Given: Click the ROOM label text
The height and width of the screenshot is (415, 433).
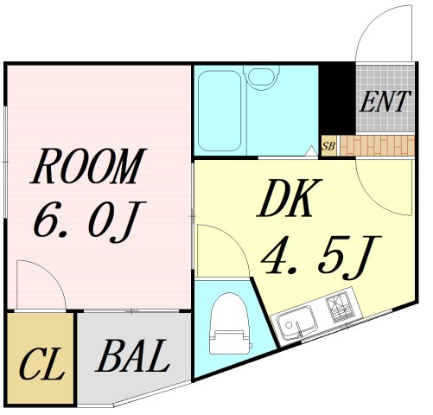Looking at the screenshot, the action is click(87, 166).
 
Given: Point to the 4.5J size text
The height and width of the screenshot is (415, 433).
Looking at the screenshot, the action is click(321, 258).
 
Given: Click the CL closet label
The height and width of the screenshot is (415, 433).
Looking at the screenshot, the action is click(41, 364).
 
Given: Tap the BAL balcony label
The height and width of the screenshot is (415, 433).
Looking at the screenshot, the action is click(132, 356).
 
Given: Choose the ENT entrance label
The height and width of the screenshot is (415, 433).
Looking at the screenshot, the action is click(385, 101).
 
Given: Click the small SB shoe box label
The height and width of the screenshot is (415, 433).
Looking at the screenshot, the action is click(328, 146).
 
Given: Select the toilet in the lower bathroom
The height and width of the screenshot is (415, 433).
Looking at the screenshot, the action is click(230, 323).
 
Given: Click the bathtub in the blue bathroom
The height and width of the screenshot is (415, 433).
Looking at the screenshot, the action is click(220, 111).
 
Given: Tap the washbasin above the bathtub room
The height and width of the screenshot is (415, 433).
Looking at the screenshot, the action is click(262, 76).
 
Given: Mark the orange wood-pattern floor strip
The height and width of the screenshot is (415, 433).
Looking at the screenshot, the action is click(378, 146).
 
